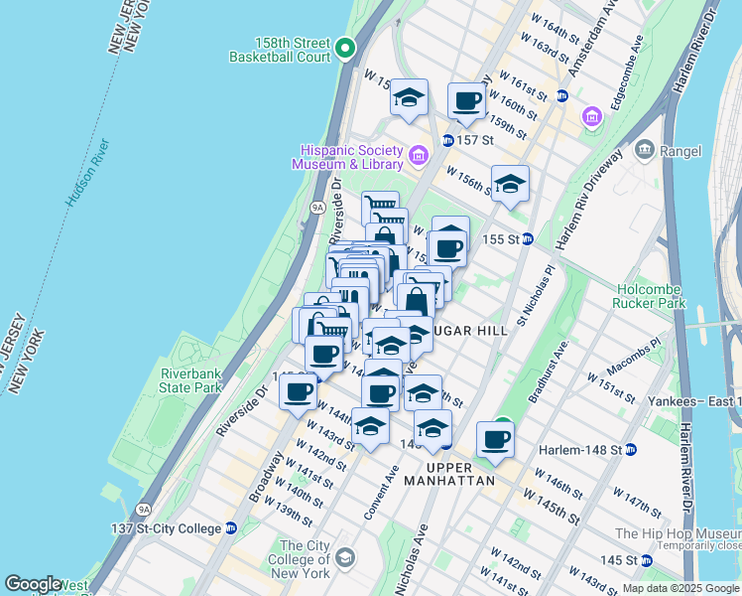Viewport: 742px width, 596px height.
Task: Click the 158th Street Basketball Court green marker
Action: pyautogui.click(x=344, y=47)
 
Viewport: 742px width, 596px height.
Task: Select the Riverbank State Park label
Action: pyautogui.click(x=189, y=380)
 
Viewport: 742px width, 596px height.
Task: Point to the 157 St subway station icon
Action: pyautogui.click(x=448, y=140)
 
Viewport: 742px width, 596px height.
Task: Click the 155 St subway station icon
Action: pyautogui.click(x=529, y=239)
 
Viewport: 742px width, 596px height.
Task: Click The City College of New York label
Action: pyautogui.click(x=304, y=559)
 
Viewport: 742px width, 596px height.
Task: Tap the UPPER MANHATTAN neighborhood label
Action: pyautogui.click(x=460, y=474)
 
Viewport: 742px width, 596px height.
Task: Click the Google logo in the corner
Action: pyautogui.click(x=33, y=584)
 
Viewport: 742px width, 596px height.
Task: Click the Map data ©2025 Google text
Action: pyautogui.click(x=680, y=588)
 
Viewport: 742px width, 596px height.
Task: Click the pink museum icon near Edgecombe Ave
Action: pyautogui.click(x=593, y=117)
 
